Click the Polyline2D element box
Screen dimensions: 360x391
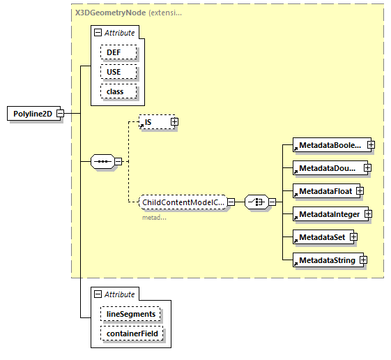33,114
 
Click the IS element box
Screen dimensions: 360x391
154,122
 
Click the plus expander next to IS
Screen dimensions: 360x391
174,122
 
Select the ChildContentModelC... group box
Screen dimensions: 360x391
183,202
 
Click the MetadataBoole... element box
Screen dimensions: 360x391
329,145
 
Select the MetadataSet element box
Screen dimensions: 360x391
321,237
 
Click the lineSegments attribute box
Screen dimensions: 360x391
131,314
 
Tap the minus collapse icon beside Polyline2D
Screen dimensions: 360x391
61,114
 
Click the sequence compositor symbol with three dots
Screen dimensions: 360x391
102,162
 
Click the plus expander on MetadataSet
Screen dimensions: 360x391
353,237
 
